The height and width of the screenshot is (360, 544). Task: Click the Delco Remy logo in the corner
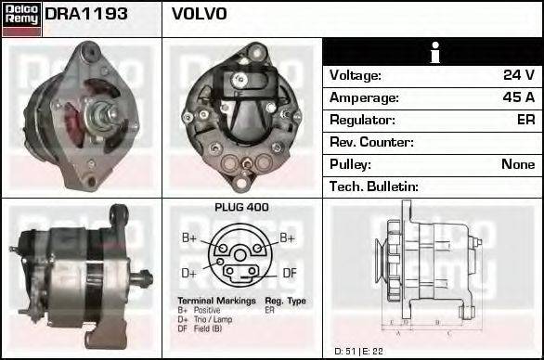[20, 18]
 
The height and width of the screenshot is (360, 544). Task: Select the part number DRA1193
[86, 15]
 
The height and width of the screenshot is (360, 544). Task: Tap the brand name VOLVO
[199, 15]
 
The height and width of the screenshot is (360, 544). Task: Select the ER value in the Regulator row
[525, 120]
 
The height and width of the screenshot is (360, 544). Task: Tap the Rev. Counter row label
[371, 142]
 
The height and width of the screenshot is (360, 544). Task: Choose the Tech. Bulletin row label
[374, 186]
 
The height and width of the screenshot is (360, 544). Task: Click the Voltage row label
[356, 75]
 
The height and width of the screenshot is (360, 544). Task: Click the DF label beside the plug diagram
[290, 273]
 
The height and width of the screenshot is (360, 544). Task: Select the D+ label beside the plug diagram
[188, 273]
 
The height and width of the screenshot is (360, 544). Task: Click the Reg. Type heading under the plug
[285, 302]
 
